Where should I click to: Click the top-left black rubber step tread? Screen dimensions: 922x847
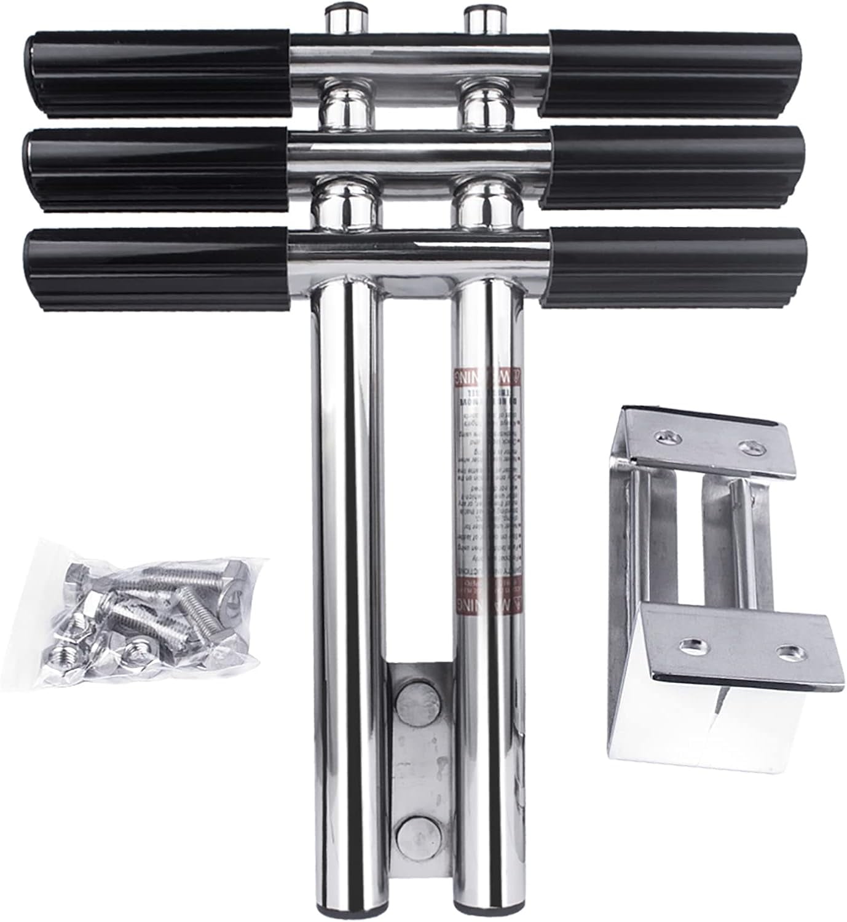pos(157,74)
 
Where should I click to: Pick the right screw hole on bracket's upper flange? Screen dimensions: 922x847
pos(750,446)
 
